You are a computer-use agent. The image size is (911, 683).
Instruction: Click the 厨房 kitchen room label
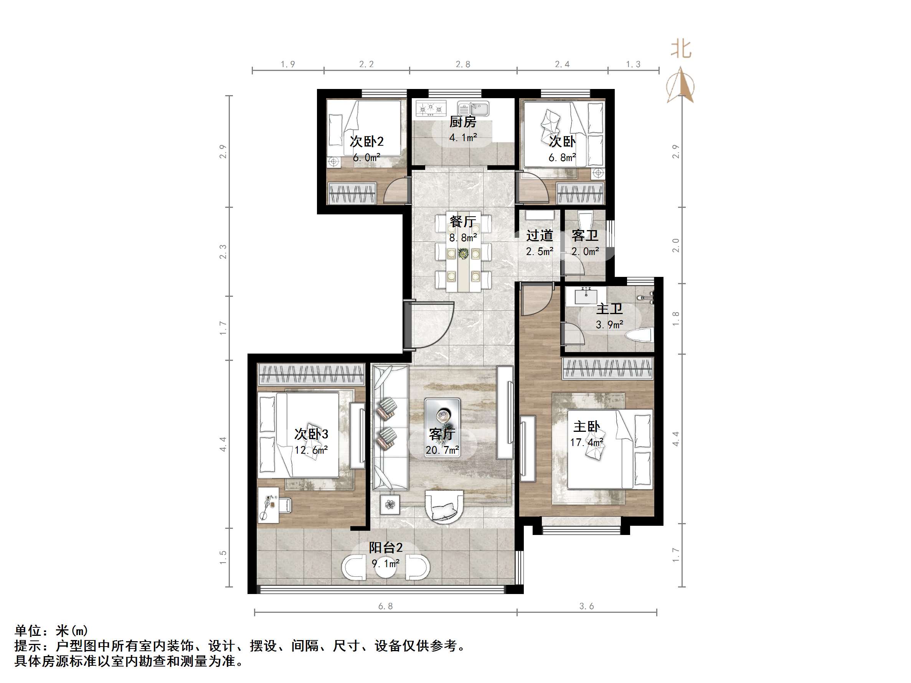coord(462,122)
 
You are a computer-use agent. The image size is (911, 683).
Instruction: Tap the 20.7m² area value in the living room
coord(442,450)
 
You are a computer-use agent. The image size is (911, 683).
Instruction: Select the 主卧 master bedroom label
coord(586,426)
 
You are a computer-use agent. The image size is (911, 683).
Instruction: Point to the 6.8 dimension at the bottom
coord(386,606)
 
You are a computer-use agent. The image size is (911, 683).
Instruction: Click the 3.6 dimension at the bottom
coord(586,606)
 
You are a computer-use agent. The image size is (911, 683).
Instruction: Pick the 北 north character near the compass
coord(681,49)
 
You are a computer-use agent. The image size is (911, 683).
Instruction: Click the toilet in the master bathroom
coord(640,334)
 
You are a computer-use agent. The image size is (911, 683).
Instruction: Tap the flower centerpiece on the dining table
coord(463,253)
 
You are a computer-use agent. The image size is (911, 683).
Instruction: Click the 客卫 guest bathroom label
coord(585,235)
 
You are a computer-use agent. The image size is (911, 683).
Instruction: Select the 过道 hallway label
coord(540,235)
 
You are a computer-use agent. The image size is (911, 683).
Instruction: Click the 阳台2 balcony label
coord(386,548)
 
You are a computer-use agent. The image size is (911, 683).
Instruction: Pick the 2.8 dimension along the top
coord(463,64)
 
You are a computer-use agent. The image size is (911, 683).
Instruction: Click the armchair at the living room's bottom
coord(444,507)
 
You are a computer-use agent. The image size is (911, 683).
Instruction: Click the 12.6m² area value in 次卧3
coord(311,450)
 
